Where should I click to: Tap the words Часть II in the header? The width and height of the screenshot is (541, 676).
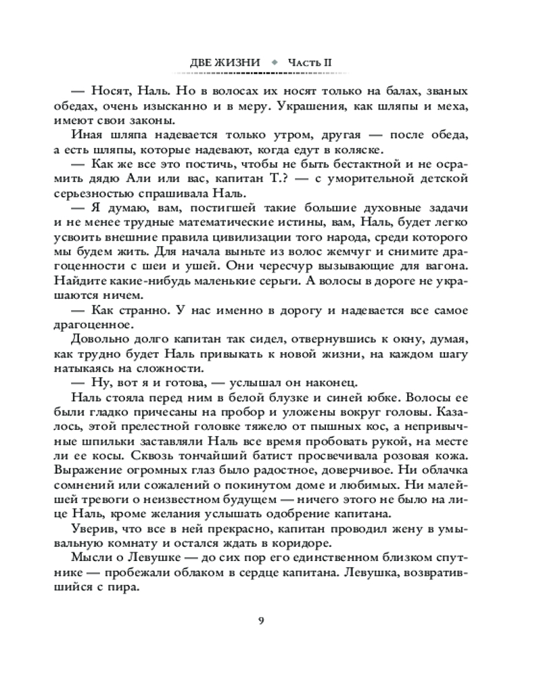pyautogui.click(x=310, y=63)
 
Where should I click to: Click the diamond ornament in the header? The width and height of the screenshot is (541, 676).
pyautogui.click(x=274, y=63)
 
